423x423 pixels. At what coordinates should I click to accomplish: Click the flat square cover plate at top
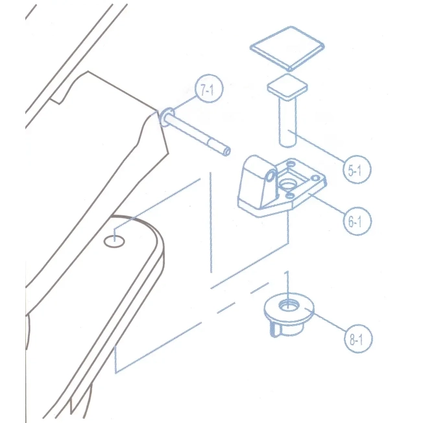tap(287, 49)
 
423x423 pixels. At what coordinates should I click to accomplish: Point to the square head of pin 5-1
tap(287, 87)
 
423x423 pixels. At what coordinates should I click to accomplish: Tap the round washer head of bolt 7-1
tap(166, 117)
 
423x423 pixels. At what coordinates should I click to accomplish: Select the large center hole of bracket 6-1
tap(287, 184)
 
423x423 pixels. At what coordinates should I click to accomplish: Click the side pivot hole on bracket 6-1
tap(270, 176)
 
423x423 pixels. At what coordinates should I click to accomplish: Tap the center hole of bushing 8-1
tap(289, 306)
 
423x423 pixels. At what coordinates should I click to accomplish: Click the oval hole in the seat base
tap(114, 241)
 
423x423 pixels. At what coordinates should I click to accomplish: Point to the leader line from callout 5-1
tap(317, 147)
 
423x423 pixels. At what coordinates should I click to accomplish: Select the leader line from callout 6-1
tap(327, 204)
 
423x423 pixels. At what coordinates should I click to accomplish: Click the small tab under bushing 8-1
tap(274, 330)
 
